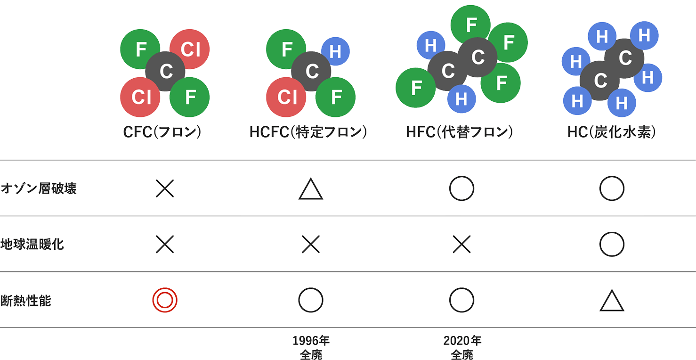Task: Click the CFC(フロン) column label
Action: (162, 132)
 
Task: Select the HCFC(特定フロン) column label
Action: (308, 132)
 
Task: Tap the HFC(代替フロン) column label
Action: (459, 132)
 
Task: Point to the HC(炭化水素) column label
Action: (612, 132)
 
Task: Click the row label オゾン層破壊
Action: (39, 188)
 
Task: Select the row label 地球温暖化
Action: (32, 245)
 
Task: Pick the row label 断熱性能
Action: (26, 301)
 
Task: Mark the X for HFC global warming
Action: (461, 245)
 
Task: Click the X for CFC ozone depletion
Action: (165, 188)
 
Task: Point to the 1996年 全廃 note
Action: (311, 348)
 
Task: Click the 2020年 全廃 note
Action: (462, 348)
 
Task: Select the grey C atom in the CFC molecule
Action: (165, 72)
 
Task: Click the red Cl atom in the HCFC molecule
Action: (286, 97)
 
